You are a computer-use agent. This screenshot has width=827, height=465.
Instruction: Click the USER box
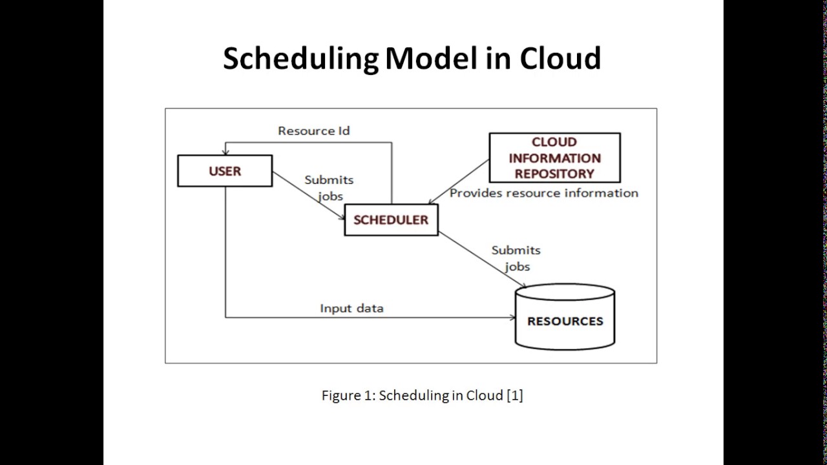[x=225, y=171]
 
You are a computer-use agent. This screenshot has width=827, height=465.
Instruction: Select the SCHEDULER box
[x=391, y=220]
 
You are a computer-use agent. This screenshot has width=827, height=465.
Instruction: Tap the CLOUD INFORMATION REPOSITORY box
[x=554, y=158]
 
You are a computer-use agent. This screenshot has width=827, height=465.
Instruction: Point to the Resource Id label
[x=313, y=130]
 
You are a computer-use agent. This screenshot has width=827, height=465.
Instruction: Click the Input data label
[x=351, y=308]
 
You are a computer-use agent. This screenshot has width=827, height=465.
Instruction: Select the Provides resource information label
[x=543, y=193]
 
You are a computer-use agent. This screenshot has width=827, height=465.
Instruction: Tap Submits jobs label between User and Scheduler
[x=329, y=187]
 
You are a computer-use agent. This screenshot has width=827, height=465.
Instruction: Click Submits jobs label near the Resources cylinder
[x=516, y=258]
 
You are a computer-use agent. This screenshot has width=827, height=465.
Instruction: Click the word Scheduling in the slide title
[x=300, y=58]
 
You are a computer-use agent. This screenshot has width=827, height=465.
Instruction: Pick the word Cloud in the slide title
[x=560, y=58]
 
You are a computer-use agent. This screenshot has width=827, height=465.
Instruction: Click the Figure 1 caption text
[x=422, y=395]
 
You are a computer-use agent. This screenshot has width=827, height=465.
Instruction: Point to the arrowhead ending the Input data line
[x=512, y=317]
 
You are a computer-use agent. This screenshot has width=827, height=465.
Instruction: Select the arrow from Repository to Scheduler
[x=459, y=182]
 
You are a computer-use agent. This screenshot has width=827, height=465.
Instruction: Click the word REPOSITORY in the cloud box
[x=554, y=174]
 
